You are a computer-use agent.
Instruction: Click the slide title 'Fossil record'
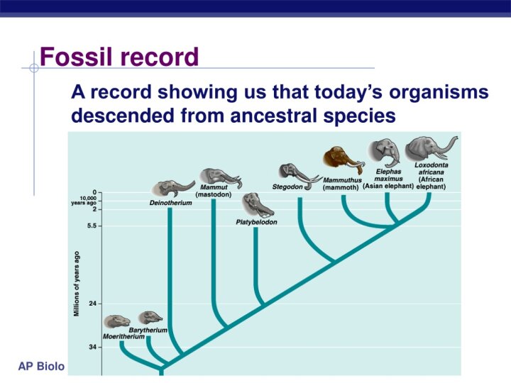coord(119,57)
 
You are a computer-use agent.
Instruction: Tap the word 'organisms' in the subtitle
coord(439,92)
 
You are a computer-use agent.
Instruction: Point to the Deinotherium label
coord(171,203)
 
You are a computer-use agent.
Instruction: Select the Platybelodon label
coord(256,222)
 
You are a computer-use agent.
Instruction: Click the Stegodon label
coord(287,187)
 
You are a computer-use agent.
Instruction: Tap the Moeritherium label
coord(123,336)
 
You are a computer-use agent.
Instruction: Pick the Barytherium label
coord(148,331)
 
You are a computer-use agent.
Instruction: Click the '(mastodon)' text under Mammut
coord(214,194)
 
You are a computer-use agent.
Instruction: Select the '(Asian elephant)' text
coord(388,187)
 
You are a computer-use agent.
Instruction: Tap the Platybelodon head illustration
coord(258,206)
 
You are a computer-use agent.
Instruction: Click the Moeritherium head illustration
coord(116,322)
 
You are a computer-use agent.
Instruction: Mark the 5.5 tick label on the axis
coord(94,226)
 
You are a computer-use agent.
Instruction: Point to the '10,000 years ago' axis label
coord(84,200)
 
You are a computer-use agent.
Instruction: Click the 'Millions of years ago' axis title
coord(77,284)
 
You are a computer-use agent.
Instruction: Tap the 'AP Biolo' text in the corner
coord(41,367)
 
